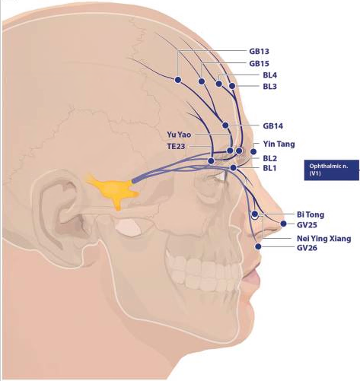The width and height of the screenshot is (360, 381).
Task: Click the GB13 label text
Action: coord(259,52)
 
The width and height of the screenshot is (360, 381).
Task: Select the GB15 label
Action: coord(259,64)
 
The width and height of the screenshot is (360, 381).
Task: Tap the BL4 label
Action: coord(270,75)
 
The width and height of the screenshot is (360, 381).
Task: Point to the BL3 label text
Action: coord(269,87)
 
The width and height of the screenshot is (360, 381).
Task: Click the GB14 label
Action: coord(272,126)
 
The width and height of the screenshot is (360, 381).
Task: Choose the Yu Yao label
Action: coord(179,135)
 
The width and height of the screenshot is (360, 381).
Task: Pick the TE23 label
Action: coord(176,147)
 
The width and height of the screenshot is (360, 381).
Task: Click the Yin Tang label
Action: coord(279,144)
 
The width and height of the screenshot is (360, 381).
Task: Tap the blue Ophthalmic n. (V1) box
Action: coord(332,170)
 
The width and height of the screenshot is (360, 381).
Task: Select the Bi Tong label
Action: coord(311,215)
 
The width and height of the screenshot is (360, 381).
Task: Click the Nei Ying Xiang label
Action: coord(324,239)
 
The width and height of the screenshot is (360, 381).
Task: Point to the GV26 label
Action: coord(307,248)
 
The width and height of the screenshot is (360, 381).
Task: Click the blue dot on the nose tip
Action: coord(283,224)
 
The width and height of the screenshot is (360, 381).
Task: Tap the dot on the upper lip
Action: coord(258,246)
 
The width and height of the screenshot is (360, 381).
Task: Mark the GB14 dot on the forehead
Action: coord(225,125)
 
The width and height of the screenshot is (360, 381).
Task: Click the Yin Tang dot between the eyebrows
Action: coord(253,151)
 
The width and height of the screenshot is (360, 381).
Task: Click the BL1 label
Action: coord(269,168)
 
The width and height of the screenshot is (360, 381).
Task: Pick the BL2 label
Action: coord(270,159)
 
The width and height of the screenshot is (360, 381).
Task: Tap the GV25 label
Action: coord(307,225)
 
